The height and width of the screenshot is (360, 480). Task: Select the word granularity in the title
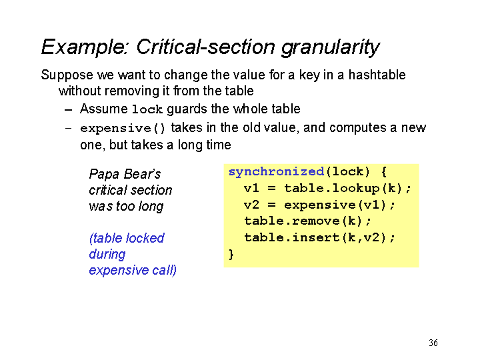click(x=330, y=48)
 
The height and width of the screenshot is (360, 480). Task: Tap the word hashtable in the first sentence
click(x=377, y=75)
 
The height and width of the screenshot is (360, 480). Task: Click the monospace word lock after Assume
click(x=147, y=109)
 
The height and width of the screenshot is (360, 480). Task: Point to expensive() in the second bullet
click(x=123, y=128)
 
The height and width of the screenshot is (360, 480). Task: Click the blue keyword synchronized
click(x=277, y=172)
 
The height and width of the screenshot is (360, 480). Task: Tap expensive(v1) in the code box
click(x=335, y=205)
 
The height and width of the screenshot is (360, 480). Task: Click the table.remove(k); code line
click(x=307, y=221)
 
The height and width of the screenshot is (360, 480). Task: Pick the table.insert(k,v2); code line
click(x=319, y=237)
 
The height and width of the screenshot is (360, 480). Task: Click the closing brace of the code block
click(x=231, y=255)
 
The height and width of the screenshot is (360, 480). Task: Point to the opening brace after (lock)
click(x=384, y=172)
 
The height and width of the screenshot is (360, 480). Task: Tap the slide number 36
click(x=433, y=343)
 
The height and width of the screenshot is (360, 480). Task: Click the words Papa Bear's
click(x=125, y=174)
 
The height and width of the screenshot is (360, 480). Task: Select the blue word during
click(x=107, y=255)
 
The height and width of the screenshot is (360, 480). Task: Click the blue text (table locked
click(x=127, y=238)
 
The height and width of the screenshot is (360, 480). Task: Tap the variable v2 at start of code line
click(x=251, y=205)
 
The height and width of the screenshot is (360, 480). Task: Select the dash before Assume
click(x=68, y=110)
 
